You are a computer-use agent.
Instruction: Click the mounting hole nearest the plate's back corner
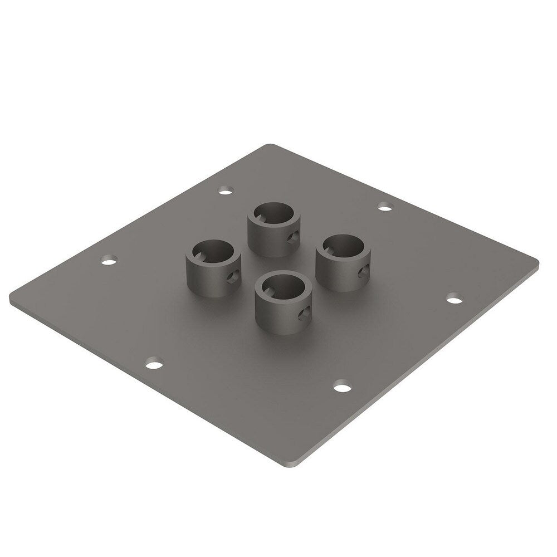point(225,192)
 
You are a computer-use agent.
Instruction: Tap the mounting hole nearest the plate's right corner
point(455,299)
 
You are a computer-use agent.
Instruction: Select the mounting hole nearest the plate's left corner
point(108,260)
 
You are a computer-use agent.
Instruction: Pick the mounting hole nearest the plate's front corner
point(343,384)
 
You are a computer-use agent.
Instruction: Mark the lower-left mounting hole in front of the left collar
point(154,365)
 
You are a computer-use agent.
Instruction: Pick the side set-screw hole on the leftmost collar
point(232,275)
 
